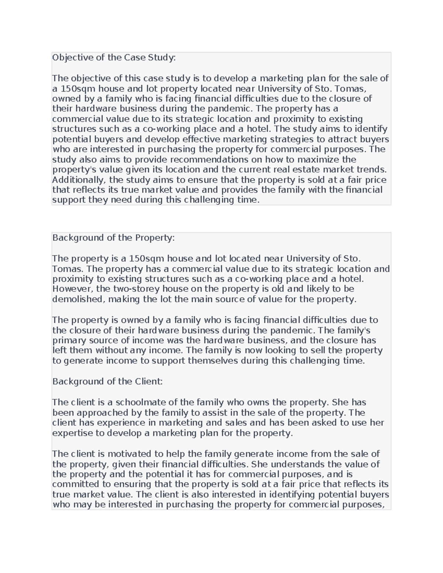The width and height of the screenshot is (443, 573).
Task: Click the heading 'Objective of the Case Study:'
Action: (114, 58)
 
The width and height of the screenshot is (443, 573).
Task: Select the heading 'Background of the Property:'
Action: (113, 238)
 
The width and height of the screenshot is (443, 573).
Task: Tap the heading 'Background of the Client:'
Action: (107, 382)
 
